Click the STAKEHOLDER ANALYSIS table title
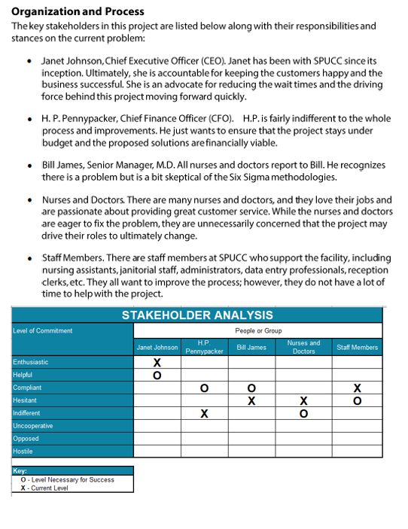197,315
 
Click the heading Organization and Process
78,11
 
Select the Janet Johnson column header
157,348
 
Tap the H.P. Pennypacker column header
204,347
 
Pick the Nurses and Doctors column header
303,347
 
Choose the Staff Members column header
357,348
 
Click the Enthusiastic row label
31,362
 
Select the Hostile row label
23,451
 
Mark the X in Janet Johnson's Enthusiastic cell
157,363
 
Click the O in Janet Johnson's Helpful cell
157,375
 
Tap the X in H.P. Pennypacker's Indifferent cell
204,414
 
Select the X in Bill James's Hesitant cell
251,401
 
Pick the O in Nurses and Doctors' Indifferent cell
303,414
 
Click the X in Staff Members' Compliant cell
357,388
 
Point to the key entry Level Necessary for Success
72,479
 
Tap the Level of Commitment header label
43,330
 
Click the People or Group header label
258,330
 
